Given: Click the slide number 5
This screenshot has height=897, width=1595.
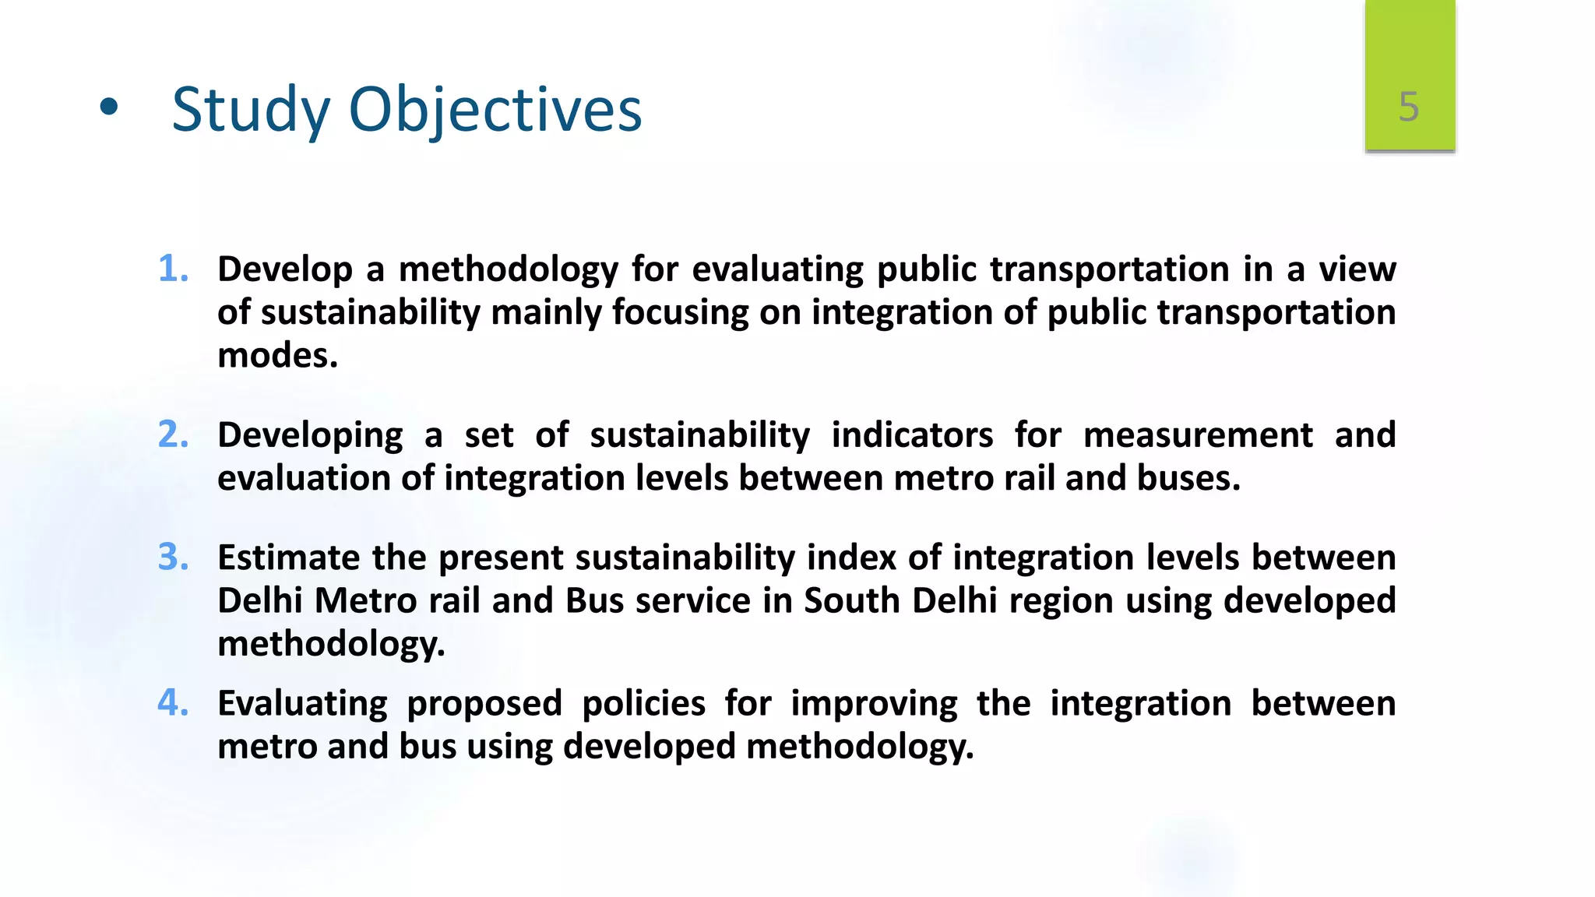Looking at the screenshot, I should point(1408,107).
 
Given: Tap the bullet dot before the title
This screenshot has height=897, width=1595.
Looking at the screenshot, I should point(109,108).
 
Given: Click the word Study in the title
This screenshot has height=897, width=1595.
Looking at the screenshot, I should point(251,110).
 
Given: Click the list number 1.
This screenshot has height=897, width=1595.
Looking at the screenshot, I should point(173,269).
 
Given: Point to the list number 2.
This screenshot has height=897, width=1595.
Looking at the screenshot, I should point(173,434).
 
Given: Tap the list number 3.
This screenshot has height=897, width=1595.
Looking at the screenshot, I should point(173,558).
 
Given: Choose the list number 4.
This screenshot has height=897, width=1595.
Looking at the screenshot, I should point(173,702).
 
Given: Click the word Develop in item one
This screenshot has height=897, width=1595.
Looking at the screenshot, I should point(285,270).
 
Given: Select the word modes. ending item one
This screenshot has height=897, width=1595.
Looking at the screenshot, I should point(277,356).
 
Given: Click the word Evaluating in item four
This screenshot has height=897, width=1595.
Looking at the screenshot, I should point(302,704).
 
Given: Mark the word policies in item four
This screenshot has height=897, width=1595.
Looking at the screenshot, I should point(643,704).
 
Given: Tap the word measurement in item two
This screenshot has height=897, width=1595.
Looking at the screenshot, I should point(1198,434).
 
